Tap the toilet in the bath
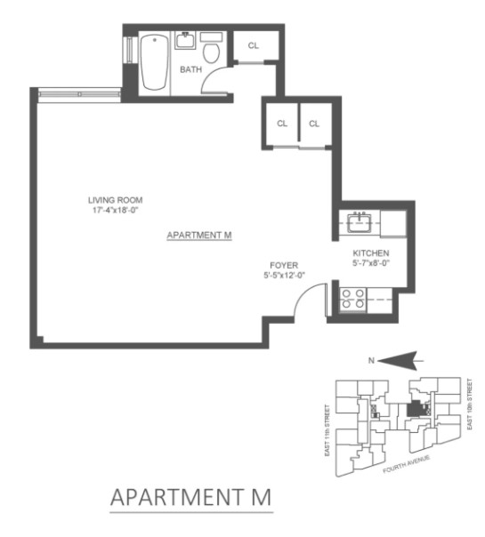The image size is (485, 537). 211,48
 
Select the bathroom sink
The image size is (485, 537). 185,41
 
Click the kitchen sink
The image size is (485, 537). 360,222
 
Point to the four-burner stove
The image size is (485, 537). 353,299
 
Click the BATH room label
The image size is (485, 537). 191,69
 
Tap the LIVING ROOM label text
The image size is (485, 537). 115,200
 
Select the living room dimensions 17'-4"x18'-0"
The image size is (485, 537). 115,210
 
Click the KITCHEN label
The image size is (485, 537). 371,253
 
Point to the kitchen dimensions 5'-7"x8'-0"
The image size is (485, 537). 372,263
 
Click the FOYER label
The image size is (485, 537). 284,265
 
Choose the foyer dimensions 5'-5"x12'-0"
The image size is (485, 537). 284,275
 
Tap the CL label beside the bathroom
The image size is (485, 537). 254,45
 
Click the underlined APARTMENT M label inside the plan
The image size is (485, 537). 199,236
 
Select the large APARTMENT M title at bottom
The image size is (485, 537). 191,497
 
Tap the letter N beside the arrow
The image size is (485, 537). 371,361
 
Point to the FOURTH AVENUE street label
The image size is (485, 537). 407,464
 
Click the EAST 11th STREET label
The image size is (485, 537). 327,430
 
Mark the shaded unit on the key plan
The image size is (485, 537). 415,409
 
